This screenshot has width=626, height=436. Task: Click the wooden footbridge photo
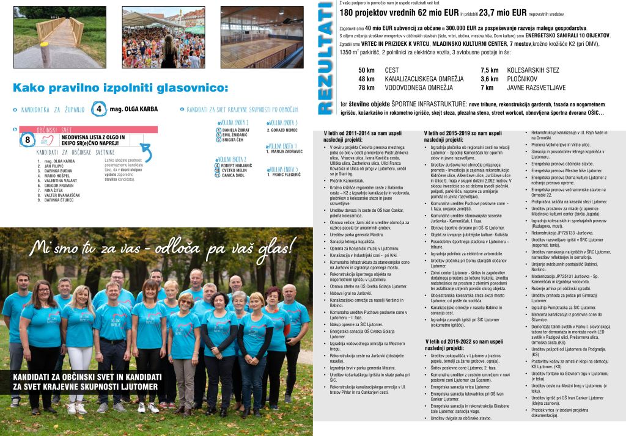(59, 37)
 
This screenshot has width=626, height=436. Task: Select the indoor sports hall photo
(262, 37)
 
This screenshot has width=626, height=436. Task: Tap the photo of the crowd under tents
(163, 37)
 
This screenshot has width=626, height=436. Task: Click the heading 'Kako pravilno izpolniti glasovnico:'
(120, 87)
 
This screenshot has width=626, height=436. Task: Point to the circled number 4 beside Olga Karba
(99, 109)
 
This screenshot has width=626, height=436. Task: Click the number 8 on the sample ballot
(28, 140)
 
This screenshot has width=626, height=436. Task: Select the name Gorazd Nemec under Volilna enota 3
(282, 130)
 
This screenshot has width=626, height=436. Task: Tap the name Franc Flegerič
(284, 175)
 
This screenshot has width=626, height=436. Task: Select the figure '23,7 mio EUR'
(491, 12)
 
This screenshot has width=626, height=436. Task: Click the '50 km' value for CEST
(366, 70)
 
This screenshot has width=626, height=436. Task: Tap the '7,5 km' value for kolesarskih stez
(490, 70)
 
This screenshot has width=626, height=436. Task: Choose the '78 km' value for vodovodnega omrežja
(366, 88)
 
